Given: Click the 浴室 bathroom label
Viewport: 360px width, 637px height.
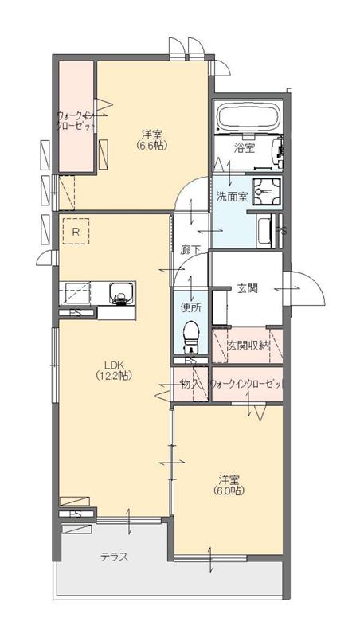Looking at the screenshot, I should tap(245, 148).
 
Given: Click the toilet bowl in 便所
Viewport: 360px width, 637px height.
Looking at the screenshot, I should tap(190, 334).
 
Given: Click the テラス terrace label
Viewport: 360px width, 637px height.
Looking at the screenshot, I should tap(114, 557).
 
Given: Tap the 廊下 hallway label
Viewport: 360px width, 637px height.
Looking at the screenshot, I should tap(190, 250).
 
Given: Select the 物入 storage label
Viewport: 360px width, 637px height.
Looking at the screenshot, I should tap(190, 385).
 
